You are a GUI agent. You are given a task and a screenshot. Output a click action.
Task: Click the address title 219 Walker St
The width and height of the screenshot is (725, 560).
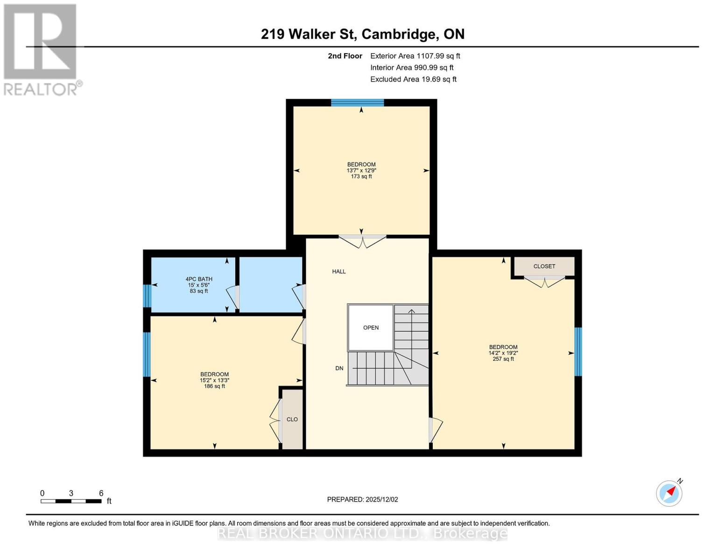point(362,34)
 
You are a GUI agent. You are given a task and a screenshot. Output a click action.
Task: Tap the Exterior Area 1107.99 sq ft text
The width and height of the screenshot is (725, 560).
point(415,56)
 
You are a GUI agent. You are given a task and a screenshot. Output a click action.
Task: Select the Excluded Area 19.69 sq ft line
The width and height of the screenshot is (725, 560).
point(413,79)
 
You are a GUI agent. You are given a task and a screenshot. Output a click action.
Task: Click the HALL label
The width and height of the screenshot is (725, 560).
point(339,272)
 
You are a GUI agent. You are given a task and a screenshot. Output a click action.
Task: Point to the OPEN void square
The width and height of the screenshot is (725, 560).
point(371,328)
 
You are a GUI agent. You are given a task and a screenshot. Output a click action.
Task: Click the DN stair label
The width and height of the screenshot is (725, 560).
point(339,368)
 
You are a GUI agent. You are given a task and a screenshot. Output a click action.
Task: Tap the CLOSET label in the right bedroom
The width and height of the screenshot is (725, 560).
point(544,266)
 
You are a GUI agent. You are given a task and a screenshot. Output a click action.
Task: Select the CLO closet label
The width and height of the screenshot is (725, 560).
point(292,420)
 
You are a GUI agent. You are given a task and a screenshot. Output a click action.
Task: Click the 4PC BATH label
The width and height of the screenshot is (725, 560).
point(199,279)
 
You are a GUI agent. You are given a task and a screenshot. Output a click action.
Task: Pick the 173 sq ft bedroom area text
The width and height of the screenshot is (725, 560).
point(361,177)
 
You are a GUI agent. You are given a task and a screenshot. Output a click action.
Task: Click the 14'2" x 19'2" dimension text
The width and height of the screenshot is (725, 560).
point(503,353)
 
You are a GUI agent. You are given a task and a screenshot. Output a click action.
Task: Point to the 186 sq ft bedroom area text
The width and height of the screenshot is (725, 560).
point(214,386)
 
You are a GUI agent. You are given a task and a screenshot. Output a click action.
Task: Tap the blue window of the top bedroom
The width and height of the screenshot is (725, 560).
point(358,103)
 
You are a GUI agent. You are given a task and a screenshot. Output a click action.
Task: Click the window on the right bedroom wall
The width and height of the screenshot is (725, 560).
point(578,351)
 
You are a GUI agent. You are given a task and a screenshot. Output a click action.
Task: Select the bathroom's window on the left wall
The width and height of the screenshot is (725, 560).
point(147,296)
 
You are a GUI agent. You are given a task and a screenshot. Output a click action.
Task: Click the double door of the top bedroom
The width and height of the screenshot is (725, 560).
point(362,241)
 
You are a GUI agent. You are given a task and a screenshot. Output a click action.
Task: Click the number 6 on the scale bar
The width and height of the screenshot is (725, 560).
point(101,493)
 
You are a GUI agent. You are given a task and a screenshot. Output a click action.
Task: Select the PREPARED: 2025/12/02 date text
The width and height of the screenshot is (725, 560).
point(362,499)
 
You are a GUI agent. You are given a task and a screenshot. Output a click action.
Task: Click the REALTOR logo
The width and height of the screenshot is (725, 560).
point(41,49)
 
